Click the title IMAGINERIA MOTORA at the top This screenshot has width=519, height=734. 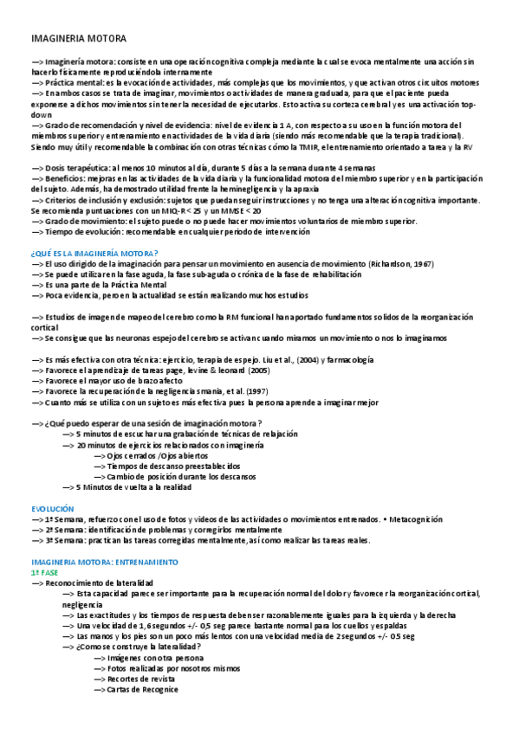[x=78, y=39]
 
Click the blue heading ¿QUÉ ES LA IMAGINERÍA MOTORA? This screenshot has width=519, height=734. [x=94, y=253]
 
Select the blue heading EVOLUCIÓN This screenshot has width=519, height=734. [x=53, y=509]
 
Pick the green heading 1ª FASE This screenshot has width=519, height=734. [x=45, y=572]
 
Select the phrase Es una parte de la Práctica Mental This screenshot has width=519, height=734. [x=101, y=284]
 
